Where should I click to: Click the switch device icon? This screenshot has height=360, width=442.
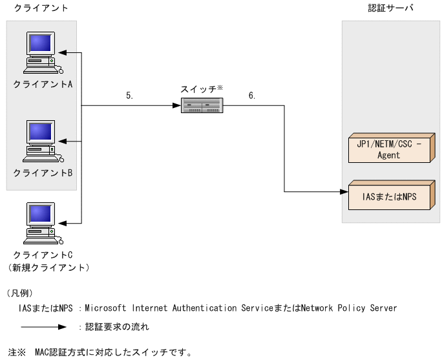coord(202,105)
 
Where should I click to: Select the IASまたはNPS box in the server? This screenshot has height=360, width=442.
coord(389,196)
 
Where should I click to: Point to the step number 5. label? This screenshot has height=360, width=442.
coord(130,95)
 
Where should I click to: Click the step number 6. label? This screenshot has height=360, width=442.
coord(251,95)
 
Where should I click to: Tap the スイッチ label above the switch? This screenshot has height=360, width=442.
coord(200,89)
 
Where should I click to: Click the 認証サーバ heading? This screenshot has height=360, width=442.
coord(390,8)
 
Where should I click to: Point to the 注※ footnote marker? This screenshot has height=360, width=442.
coord(16,352)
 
